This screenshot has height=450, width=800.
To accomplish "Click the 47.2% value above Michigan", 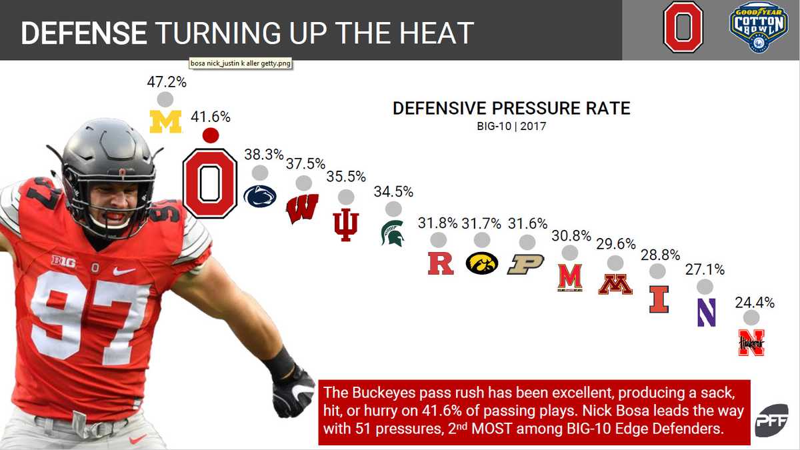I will click(166, 83).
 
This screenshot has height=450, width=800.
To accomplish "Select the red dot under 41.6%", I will click(211, 135).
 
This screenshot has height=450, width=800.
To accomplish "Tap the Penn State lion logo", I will click(260, 197).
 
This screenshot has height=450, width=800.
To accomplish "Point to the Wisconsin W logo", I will click(302, 209).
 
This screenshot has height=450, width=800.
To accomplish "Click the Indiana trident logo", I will click(346, 224).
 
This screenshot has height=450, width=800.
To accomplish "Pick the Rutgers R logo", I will click(440, 263).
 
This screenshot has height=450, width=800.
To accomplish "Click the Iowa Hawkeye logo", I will click(482, 263).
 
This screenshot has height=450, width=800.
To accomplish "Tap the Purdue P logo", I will click(526, 264).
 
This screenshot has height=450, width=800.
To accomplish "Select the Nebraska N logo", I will click(751, 342).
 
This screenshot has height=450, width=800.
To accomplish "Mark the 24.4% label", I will click(755, 302).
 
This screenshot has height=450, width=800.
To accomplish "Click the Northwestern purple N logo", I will click(706, 312).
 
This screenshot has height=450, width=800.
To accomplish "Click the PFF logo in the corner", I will click(771, 420).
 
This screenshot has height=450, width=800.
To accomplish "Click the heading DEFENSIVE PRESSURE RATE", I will click(511, 108).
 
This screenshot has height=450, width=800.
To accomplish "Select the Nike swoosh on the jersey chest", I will click(124, 271).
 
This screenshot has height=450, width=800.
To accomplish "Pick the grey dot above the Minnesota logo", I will click(616, 263).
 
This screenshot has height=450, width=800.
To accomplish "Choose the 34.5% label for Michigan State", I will click(393, 192).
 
